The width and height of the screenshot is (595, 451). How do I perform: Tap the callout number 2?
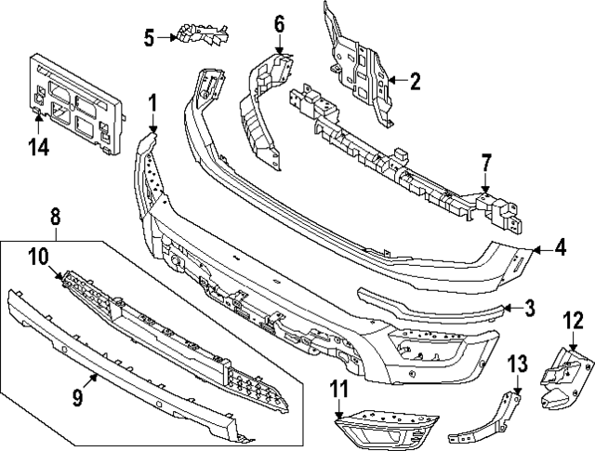[414, 81]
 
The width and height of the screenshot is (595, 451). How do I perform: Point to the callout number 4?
[560, 248]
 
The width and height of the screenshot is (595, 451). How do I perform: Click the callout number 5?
[149, 37]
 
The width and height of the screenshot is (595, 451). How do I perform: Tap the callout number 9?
[78, 398]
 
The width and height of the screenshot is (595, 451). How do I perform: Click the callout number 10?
[38, 256]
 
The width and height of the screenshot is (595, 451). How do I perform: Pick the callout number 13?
[517, 362]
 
